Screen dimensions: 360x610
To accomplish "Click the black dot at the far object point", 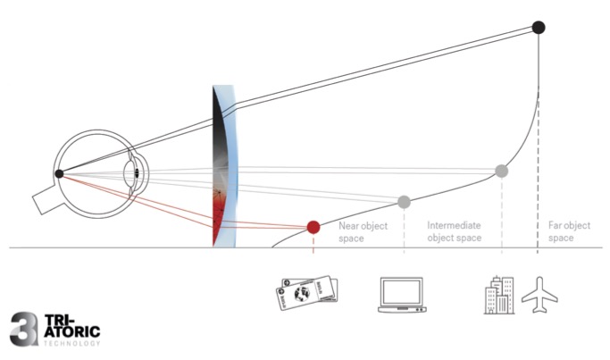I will (539, 27).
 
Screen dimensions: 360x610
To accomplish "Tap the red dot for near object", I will (313, 227).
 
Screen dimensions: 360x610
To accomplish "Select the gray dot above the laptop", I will (404, 201).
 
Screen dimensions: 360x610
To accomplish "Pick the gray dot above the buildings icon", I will (502, 171).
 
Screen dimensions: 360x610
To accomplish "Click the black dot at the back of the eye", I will (59, 173).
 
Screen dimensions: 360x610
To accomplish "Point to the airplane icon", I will (539, 296).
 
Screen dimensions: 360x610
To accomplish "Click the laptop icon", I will (404, 297).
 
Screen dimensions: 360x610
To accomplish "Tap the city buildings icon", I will (498, 295).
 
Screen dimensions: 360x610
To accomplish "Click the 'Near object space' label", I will (363, 232).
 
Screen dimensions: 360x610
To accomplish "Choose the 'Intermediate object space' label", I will (455, 232).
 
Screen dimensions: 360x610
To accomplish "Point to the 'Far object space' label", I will (569, 232).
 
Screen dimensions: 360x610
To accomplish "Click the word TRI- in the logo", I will (56, 319).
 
